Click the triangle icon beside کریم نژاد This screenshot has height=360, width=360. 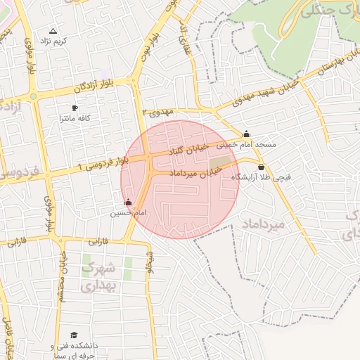coord(53,32)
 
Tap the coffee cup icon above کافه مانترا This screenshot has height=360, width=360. coord(75,108)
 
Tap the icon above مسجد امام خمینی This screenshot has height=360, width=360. coord(246,134)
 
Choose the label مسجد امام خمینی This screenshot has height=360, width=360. coord(245,144)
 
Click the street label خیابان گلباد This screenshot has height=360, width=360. coord(198,149)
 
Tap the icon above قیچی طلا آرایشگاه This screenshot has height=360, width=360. coord(262,167)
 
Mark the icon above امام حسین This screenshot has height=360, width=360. coord(127,203)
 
